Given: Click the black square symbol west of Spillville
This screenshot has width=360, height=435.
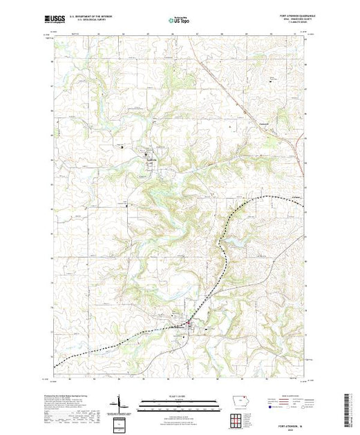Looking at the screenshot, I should (x=122, y=146).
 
